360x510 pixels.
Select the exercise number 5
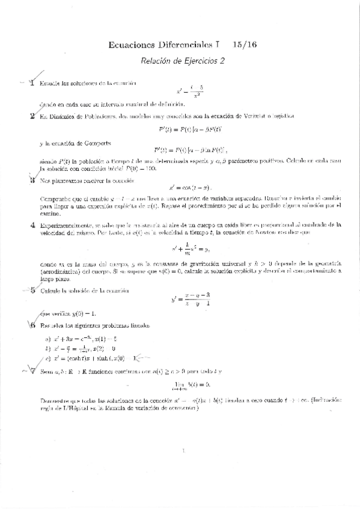(x=32, y=290)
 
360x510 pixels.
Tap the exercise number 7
(x=32, y=370)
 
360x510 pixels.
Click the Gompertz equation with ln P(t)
(x=188, y=150)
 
